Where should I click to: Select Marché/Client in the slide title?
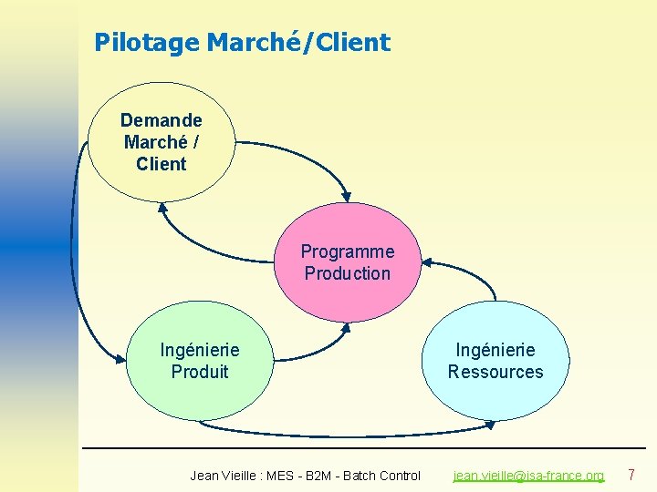click(298, 42)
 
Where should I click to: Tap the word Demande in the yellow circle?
click(161, 120)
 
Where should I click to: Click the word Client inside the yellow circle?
click(161, 164)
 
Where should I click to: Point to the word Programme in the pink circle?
click(348, 251)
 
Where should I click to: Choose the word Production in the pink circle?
click(348, 273)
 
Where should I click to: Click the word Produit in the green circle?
click(200, 372)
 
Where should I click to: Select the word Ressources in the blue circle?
click(495, 372)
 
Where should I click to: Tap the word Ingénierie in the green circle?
click(200, 350)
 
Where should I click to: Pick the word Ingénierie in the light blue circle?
click(495, 350)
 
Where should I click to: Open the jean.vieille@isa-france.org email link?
click(529, 476)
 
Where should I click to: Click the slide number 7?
click(631, 475)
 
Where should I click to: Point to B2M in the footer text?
click(318, 476)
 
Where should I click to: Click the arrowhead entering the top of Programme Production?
click(346, 194)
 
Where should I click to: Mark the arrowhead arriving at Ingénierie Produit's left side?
click(120, 359)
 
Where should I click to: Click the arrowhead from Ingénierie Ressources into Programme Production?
click(427, 263)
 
